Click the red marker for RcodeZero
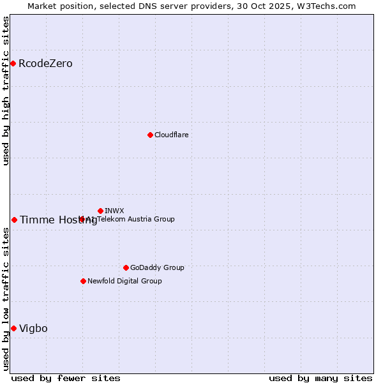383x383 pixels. (13, 63)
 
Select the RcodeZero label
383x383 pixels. (45, 64)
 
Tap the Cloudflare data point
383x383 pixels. (150, 135)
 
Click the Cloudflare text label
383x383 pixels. (171, 135)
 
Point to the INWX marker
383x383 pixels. (100, 211)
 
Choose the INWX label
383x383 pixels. (114, 211)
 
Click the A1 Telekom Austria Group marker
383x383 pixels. (82, 219)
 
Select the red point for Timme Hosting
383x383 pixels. (14, 220)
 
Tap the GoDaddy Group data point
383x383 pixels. (126, 267)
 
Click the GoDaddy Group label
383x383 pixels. (157, 268)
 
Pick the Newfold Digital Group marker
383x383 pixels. (83, 281)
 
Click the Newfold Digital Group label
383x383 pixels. (124, 282)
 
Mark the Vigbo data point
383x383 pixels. (13, 328)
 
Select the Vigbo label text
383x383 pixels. (33, 329)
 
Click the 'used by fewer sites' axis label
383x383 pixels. (66, 379)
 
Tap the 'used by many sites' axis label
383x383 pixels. (320, 379)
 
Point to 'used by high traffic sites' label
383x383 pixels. (6, 91)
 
